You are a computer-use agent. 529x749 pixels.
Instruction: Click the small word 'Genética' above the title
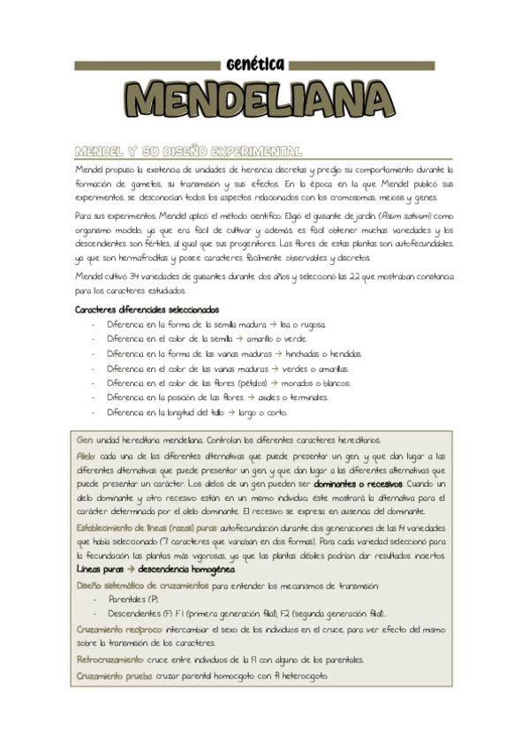pos(254,64)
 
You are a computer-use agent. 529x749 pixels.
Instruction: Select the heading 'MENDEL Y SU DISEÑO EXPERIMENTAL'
pos(188,150)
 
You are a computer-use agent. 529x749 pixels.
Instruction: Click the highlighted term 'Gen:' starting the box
pos(85,439)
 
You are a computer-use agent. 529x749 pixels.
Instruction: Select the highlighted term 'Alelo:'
pos(87,454)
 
